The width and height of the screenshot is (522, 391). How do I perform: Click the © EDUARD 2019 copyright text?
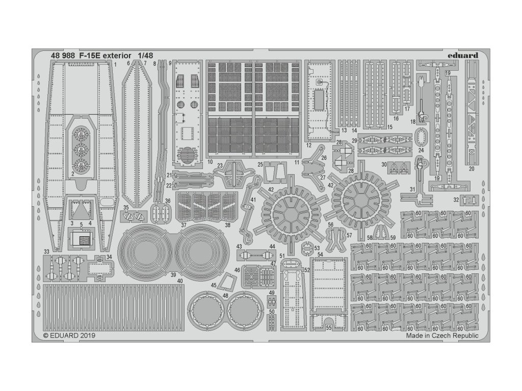(69, 336)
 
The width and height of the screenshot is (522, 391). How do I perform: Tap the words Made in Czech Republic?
(442, 336)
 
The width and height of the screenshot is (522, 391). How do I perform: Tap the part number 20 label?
(471, 169)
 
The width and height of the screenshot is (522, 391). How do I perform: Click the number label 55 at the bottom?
(329, 328)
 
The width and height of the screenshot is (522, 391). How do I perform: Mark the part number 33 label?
(46, 252)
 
